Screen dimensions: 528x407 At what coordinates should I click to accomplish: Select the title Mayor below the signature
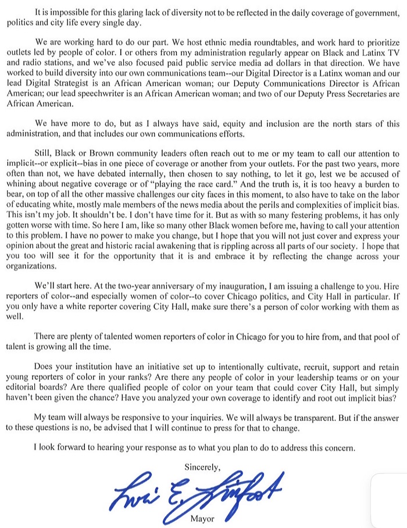click(x=202, y=519)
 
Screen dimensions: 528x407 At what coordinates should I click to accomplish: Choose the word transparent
click(x=305, y=417)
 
